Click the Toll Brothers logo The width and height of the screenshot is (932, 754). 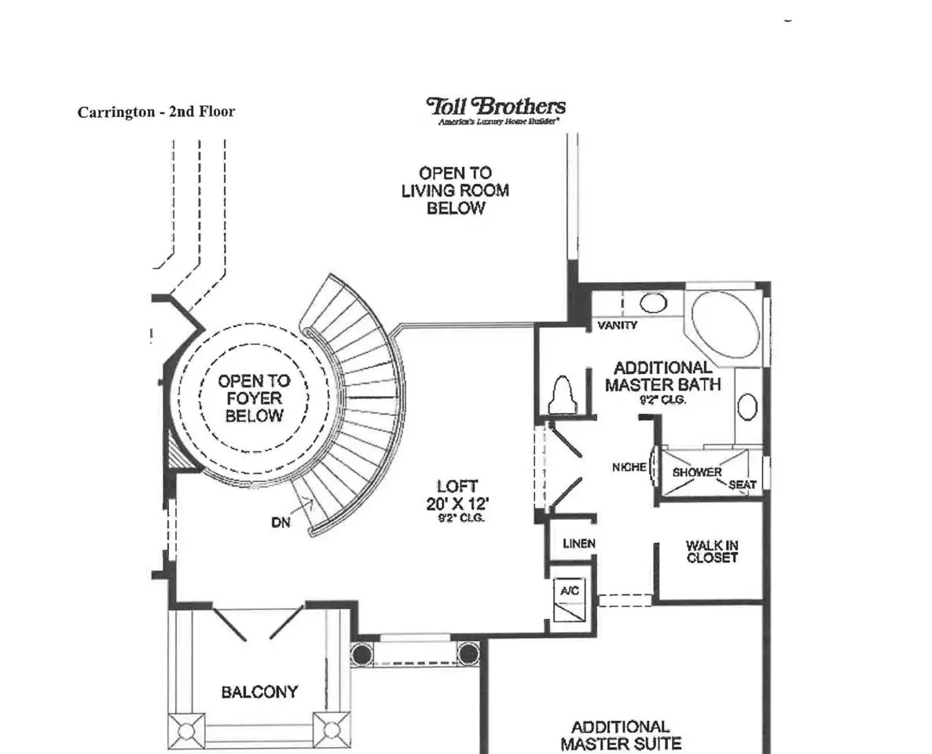496,111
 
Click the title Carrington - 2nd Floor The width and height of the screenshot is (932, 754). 156,112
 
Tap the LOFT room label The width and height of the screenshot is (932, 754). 457,487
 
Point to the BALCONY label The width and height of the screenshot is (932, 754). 259,692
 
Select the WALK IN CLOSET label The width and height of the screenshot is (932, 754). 712,551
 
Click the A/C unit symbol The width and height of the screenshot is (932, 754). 569,601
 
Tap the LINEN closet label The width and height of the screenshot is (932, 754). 579,543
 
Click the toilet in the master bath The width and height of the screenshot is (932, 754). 563,394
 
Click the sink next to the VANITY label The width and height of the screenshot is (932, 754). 653,303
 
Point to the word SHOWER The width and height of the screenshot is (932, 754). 696,472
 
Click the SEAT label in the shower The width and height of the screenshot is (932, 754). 743,485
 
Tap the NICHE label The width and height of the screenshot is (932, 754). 629,467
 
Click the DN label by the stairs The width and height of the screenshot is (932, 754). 281,522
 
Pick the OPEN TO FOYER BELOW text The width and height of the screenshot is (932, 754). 254,398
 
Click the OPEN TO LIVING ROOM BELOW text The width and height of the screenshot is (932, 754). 455,191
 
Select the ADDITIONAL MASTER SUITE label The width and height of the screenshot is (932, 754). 621,736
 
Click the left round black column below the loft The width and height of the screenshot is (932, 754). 361,653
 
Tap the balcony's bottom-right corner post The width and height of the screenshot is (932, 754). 332,730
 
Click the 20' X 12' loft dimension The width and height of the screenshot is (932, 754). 457,504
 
